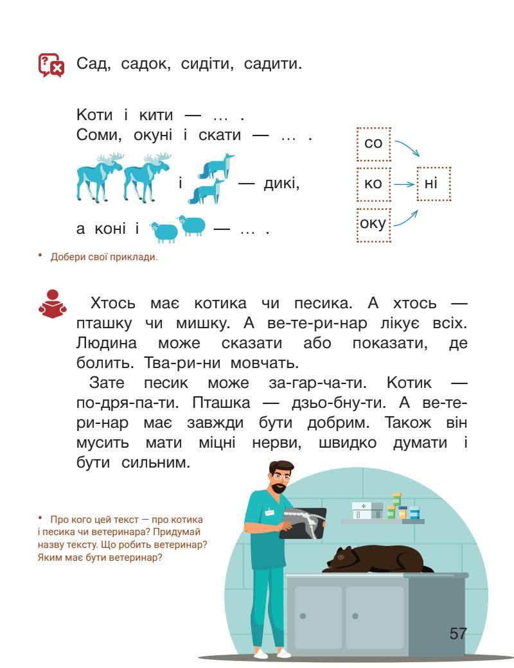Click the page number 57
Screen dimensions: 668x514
point(457,633)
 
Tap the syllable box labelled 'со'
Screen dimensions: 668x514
point(373,143)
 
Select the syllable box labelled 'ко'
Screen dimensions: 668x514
point(373,184)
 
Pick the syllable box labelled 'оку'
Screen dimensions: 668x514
point(373,224)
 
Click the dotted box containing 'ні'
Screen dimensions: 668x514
point(433,184)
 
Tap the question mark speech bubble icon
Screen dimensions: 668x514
point(51,65)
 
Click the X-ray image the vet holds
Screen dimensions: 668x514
point(302,522)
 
